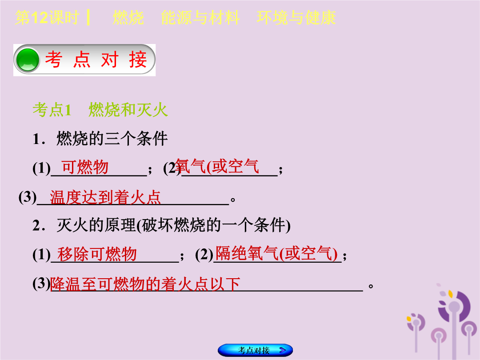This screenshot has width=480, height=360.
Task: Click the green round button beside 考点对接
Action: (x=28, y=60)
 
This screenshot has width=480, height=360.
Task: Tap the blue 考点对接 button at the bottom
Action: (x=255, y=350)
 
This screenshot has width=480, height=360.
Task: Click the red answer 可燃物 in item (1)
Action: (x=85, y=168)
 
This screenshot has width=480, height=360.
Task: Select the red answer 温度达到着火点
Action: (x=105, y=197)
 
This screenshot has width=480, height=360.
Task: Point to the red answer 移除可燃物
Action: (x=97, y=254)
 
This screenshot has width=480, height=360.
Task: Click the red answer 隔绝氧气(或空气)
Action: (x=276, y=253)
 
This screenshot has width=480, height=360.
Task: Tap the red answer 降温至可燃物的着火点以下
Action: (x=145, y=284)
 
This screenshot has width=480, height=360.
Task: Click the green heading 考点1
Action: (x=52, y=110)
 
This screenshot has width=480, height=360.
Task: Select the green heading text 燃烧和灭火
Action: (x=128, y=110)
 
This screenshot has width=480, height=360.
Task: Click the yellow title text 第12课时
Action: (x=47, y=17)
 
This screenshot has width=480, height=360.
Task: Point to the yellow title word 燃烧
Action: (x=128, y=17)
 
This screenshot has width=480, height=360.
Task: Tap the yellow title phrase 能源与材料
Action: (x=200, y=17)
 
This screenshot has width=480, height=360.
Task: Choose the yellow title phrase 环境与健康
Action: (x=296, y=17)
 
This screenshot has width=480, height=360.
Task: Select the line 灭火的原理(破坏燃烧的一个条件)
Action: (x=161, y=226)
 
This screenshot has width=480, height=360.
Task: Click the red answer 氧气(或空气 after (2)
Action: (x=217, y=167)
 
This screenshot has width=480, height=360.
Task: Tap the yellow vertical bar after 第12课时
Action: (x=88, y=17)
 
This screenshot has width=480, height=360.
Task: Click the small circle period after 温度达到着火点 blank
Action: (x=233, y=200)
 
